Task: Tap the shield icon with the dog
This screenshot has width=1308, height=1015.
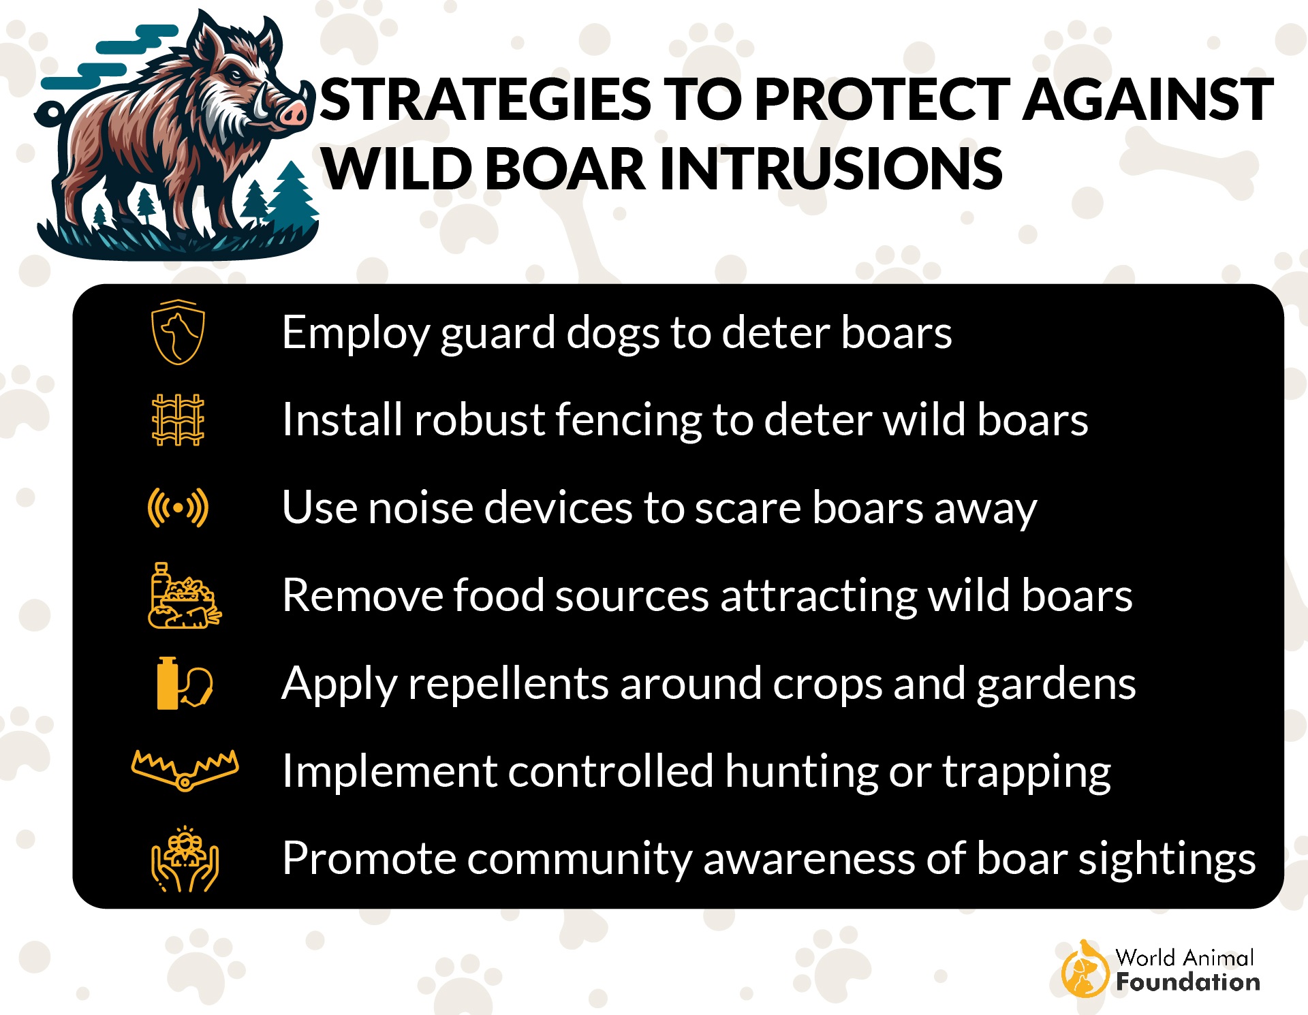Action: coord(178,332)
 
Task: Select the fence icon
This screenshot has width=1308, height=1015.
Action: coord(178,420)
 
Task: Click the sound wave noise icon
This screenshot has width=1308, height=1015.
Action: coord(178,507)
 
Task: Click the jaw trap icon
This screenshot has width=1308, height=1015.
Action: coord(185,770)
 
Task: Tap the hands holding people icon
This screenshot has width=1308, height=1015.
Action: coord(185,860)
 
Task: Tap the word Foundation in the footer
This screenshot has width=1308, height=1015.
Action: coord(1187,982)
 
